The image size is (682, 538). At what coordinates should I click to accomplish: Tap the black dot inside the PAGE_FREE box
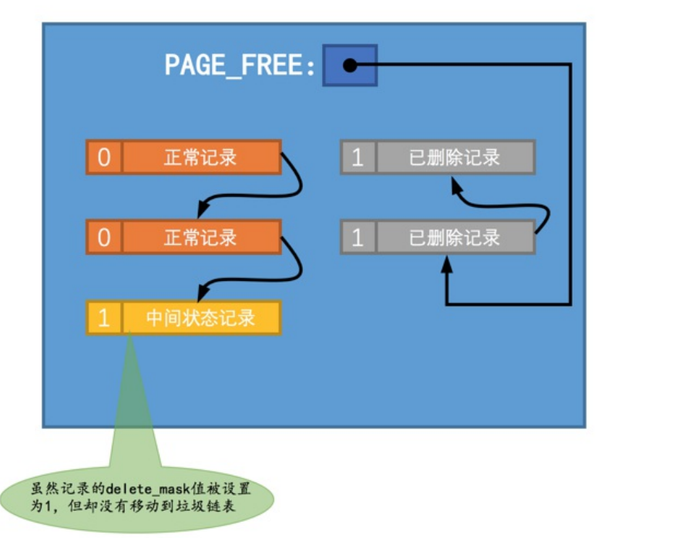[350, 66]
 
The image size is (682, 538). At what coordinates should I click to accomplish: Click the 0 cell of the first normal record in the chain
[104, 157]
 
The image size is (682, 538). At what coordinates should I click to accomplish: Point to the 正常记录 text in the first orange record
[200, 157]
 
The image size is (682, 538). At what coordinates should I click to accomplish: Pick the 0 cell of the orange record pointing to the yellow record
[104, 238]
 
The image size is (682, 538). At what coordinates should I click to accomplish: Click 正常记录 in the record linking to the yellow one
[200, 238]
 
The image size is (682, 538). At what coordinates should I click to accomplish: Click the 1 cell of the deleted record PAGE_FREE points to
[358, 238]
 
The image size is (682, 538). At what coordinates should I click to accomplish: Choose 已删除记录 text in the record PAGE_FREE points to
[455, 238]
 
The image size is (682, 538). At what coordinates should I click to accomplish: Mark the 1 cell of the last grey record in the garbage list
[358, 157]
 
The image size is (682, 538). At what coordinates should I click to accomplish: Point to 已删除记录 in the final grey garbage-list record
[455, 157]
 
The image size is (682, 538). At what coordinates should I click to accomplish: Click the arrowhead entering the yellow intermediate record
[203, 293]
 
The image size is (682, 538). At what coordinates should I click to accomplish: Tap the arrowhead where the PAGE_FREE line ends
[446, 262]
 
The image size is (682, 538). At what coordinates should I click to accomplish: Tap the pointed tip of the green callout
[131, 333]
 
